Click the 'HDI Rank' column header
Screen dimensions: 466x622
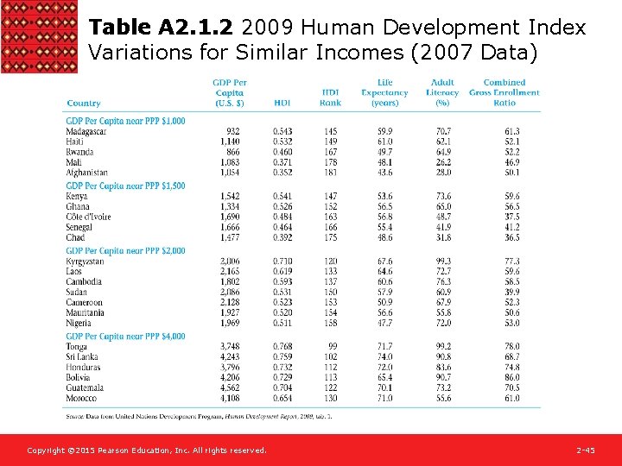(330, 98)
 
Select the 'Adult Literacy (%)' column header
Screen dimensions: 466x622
(442, 92)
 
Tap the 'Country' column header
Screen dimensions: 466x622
(84, 104)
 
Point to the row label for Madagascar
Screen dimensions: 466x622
(86, 131)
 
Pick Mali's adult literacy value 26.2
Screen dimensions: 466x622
(442, 162)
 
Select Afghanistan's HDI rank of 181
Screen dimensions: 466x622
(331, 173)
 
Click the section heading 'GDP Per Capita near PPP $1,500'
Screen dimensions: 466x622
(125, 186)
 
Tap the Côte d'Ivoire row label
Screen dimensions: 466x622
(88, 217)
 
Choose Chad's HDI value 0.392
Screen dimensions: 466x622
(282, 237)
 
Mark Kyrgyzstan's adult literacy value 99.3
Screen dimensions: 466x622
(442, 261)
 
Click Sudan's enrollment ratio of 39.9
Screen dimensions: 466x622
(512, 292)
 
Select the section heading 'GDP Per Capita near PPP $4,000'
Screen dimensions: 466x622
(125, 336)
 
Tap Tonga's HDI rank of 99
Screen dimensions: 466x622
(333, 346)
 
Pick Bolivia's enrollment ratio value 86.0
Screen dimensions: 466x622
(512, 377)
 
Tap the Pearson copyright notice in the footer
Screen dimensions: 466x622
(147, 450)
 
